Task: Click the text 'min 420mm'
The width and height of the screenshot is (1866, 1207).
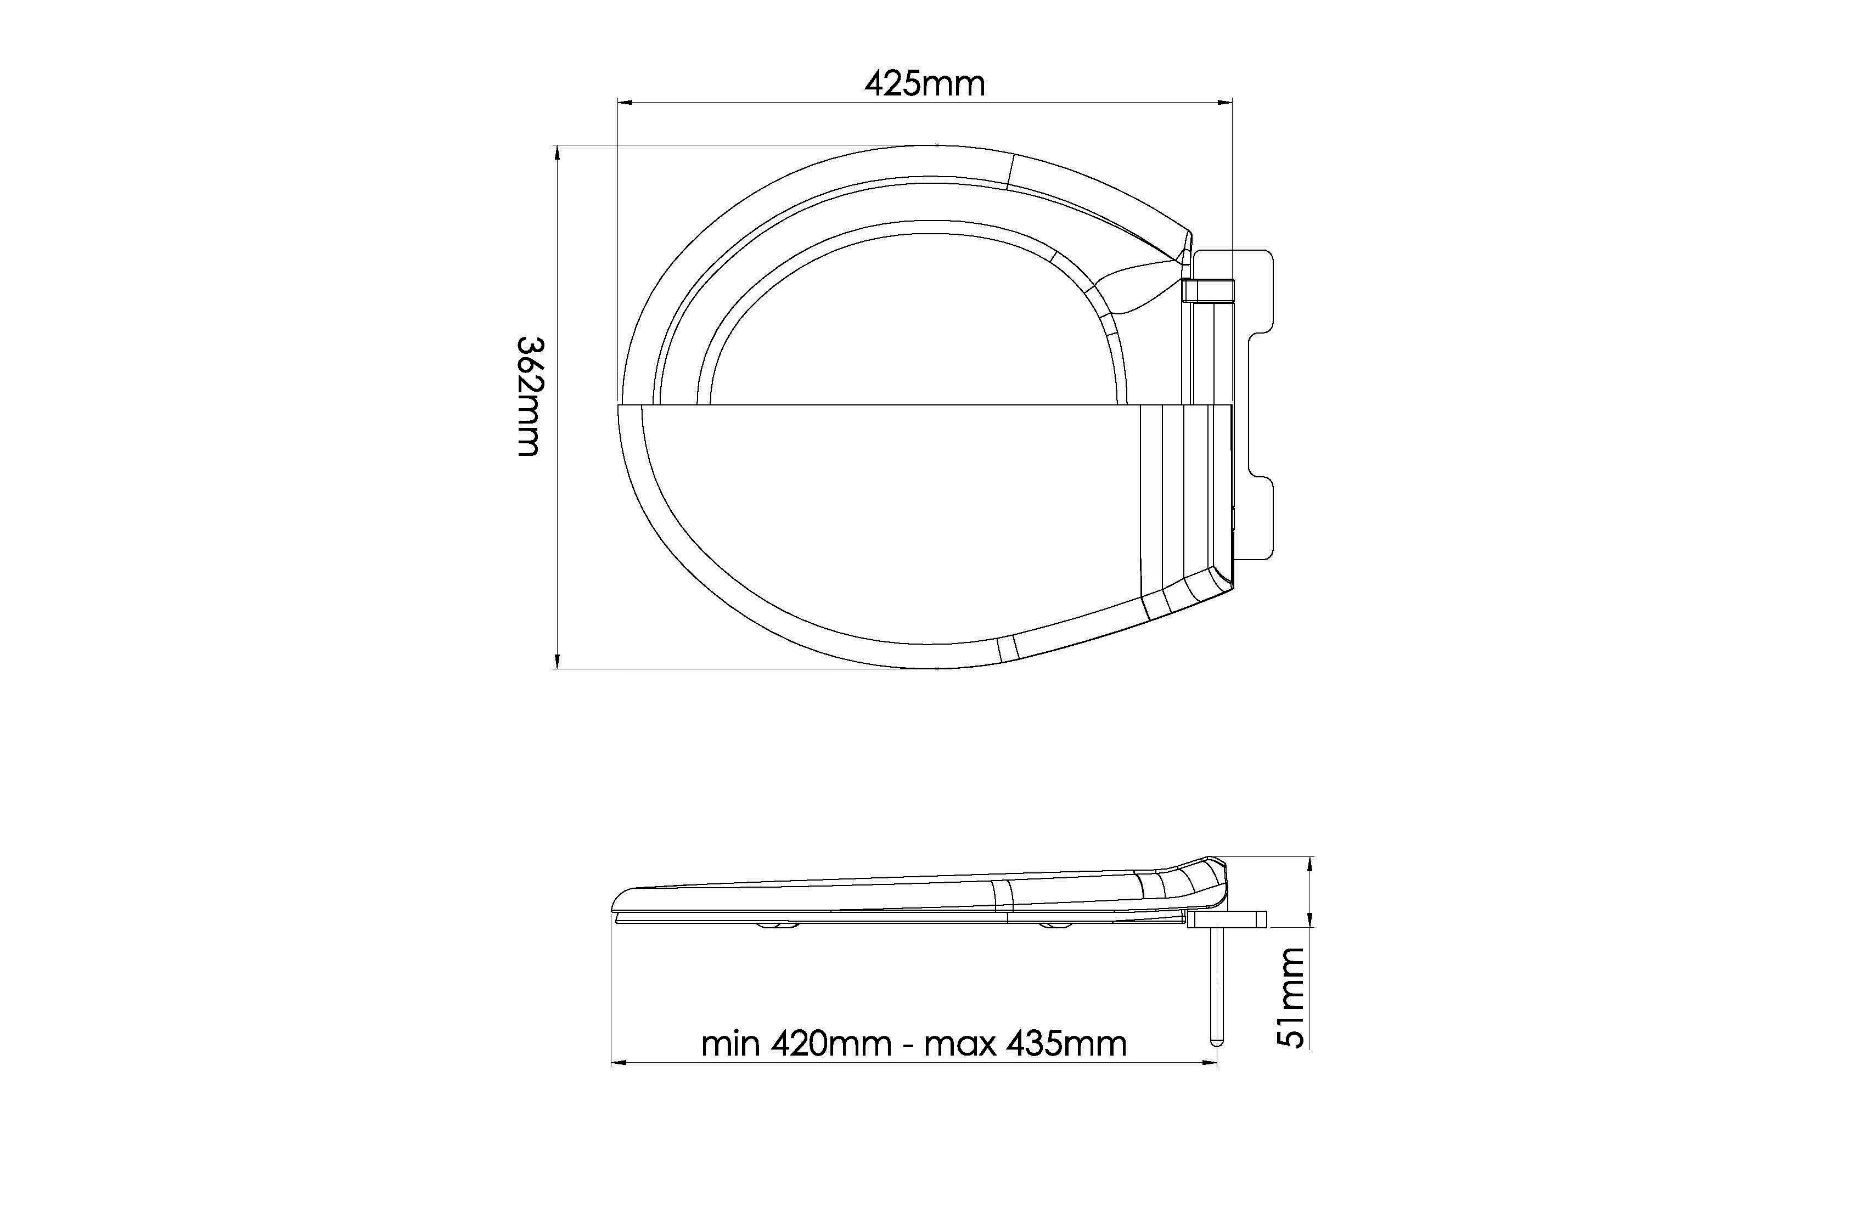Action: point(796,1044)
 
